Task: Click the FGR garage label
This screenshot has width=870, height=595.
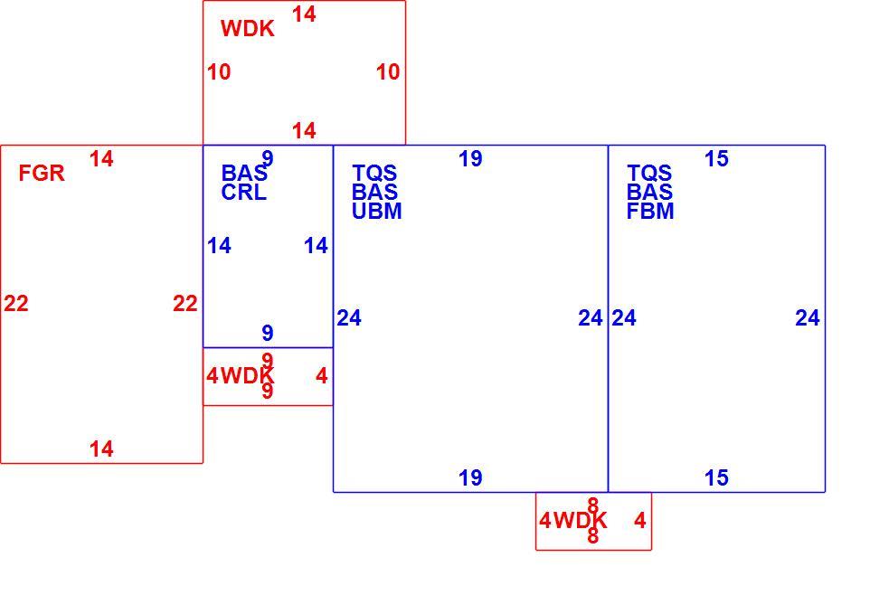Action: coord(42,174)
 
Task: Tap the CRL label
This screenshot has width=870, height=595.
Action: coord(243,193)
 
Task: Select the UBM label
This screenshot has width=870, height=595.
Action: coord(377,212)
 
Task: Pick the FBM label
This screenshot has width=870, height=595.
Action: coord(650,212)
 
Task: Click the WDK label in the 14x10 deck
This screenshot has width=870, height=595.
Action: coord(248,29)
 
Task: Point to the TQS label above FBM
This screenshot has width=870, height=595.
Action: coord(649,174)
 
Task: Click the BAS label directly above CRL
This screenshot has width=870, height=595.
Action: coord(244,174)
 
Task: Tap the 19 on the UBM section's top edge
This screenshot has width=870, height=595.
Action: coord(470,159)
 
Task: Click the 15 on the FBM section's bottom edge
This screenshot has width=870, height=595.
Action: coord(716,477)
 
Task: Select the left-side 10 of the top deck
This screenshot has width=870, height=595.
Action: coord(219,72)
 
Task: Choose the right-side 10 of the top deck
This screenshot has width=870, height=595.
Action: coord(388,72)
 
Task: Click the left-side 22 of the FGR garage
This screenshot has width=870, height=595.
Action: coord(16,304)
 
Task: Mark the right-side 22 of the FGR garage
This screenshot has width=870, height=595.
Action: coord(185,304)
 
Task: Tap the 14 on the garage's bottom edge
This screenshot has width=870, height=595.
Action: coord(101,449)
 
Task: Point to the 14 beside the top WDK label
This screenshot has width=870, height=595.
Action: coord(304,14)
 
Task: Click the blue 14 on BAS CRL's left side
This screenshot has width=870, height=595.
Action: coord(219,246)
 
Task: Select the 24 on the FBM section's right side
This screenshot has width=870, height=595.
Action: coord(808,318)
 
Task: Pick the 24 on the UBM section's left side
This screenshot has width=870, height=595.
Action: coord(349,318)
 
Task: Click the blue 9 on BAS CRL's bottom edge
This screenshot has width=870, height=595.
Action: coord(268,333)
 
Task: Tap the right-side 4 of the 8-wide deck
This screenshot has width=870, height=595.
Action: coord(639,521)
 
